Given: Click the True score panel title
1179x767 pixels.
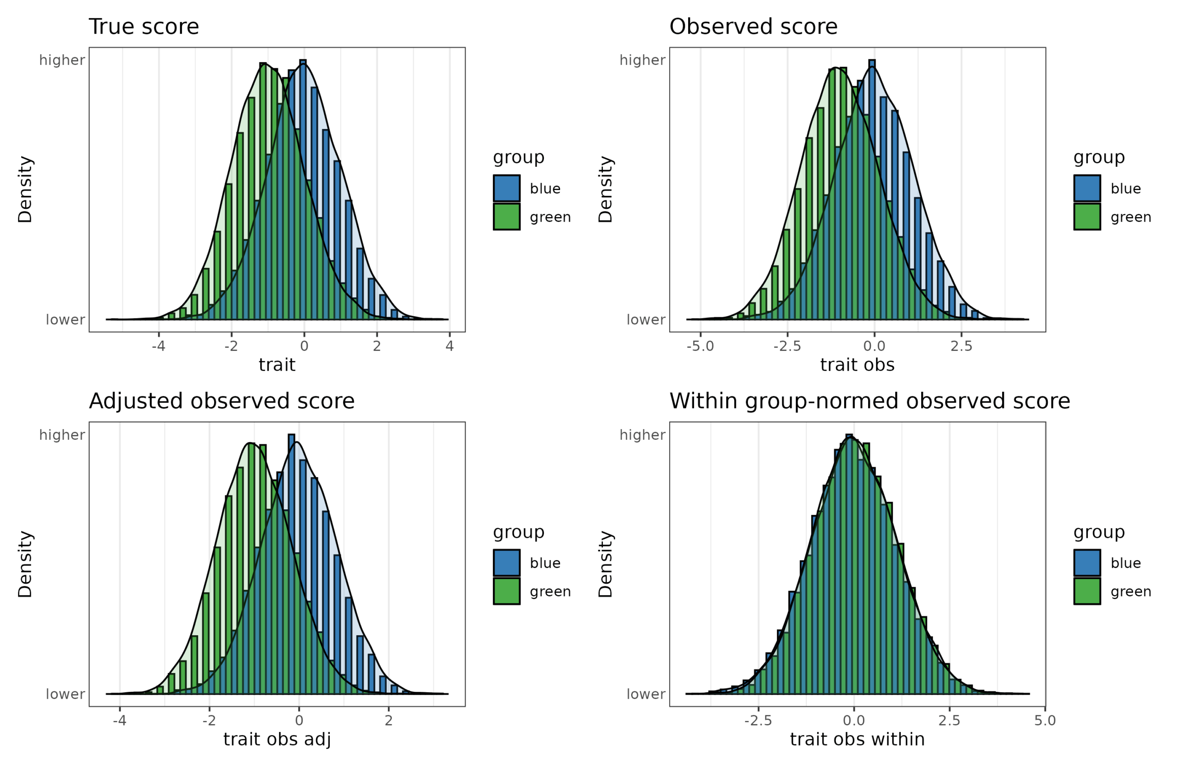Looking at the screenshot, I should point(144,26).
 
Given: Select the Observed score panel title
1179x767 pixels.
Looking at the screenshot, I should point(753,26).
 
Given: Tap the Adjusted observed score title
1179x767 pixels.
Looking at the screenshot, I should point(222,401).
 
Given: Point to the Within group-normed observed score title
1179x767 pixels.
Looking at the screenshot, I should point(870,401).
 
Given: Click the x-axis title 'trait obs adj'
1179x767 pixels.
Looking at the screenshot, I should point(277,739).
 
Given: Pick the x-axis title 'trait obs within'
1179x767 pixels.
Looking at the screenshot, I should point(857,739).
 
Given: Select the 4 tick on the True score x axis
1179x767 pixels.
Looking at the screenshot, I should point(449,346).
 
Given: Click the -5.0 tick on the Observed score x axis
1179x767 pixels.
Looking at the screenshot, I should point(700,346).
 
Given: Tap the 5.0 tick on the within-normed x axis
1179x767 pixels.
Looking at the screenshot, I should point(1045,720).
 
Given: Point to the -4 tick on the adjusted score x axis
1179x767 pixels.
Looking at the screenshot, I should point(119,720).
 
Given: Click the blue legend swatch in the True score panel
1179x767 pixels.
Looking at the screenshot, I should point(506,188).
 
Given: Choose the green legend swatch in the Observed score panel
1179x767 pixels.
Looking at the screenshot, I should point(1087,217).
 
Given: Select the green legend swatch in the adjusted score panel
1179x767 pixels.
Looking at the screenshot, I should point(506,591).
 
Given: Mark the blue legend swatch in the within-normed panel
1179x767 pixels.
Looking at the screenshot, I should point(1087,563).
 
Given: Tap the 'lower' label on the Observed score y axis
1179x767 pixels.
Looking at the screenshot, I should point(646,320).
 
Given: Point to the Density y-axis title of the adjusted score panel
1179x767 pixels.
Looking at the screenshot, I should point(25,564).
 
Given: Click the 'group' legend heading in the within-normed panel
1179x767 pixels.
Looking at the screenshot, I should point(1099,532).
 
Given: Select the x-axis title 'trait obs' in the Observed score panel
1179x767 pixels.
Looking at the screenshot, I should point(857,365).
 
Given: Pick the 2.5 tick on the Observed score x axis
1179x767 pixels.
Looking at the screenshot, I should point(961,346).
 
